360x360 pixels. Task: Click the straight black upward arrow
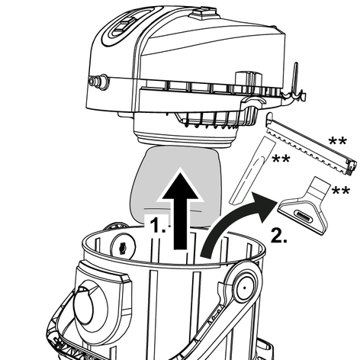[x=180, y=211]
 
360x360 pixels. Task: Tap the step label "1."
[x=157, y=225]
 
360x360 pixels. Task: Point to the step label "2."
[x=279, y=236]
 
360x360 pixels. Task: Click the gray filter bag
[x=175, y=187]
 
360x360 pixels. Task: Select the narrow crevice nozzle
[x=252, y=170]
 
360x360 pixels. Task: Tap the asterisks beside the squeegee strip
[x=337, y=140]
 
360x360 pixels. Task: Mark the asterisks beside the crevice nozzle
[x=281, y=159]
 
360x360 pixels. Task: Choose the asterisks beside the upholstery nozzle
[x=341, y=190]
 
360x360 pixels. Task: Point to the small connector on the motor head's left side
[x=98, y=82]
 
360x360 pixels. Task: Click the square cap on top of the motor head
[x=204, y=13]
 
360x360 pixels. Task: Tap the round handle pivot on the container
[x=244, y=288]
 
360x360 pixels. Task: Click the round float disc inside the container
[x=123, y=246]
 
